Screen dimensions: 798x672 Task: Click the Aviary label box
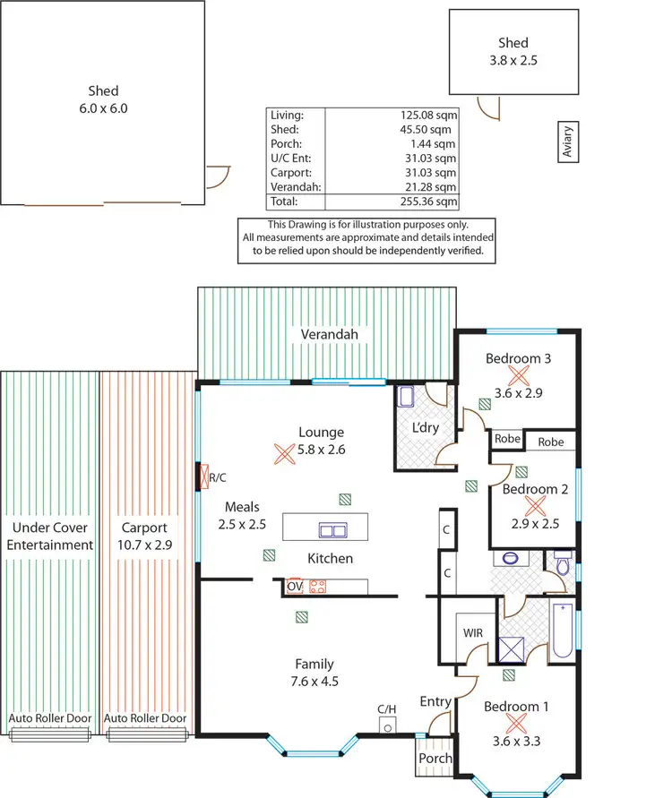coord(567,142)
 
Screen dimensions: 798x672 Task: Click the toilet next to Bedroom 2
coord(562,566)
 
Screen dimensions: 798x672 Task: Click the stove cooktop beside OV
coord(317,588)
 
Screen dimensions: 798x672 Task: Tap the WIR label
coord(472,633)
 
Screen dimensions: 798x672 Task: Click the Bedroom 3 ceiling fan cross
coord(518,375)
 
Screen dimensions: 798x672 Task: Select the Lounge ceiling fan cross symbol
coord(284,453)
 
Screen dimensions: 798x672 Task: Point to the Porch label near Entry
coord(435,759)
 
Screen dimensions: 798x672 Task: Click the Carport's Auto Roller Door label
coord(145,718)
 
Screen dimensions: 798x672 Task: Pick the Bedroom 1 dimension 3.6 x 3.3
coord(517,741)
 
